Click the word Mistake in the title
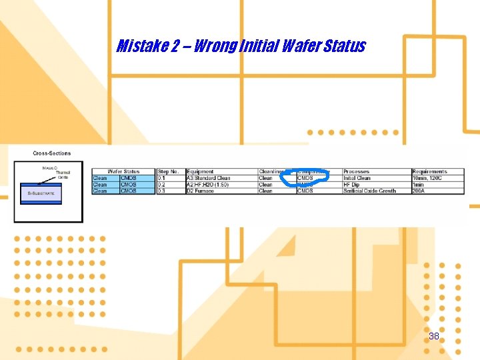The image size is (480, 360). pyautogui.click(x=139, y=46)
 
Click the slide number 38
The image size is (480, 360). pyautogui.click(x=434, y=336)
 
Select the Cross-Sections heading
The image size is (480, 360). pyautogui.click(x=51, y=153)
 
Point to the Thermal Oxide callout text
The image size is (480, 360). pyautogui.click(x=63, y=175)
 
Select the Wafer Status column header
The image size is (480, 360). pyautogui.click(x=123, y=172)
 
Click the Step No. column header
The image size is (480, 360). pyautogui.click(x=169, y=172)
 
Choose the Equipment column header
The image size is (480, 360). pyautogui.click(x=201, y=172)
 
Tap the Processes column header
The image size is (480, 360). pyautogui.click(x=357, y=172)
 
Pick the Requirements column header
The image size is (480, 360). pyautogui.click(x=430, y=172)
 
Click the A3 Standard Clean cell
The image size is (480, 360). pyautogui.click(x=209, y=178)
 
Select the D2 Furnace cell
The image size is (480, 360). pyautogui.click(x=201, y=191)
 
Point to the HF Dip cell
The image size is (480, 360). pyautogui.click(x=352, y=185)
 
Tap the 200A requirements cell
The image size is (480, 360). pyautogui.click(x=419, y=191)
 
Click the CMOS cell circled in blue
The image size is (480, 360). pyautogui.click(x=305, y=178)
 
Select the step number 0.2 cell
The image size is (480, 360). pyautogui.click(x=161, y=185)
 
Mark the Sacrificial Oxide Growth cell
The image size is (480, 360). pyautogui.click(x=369, y=191)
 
